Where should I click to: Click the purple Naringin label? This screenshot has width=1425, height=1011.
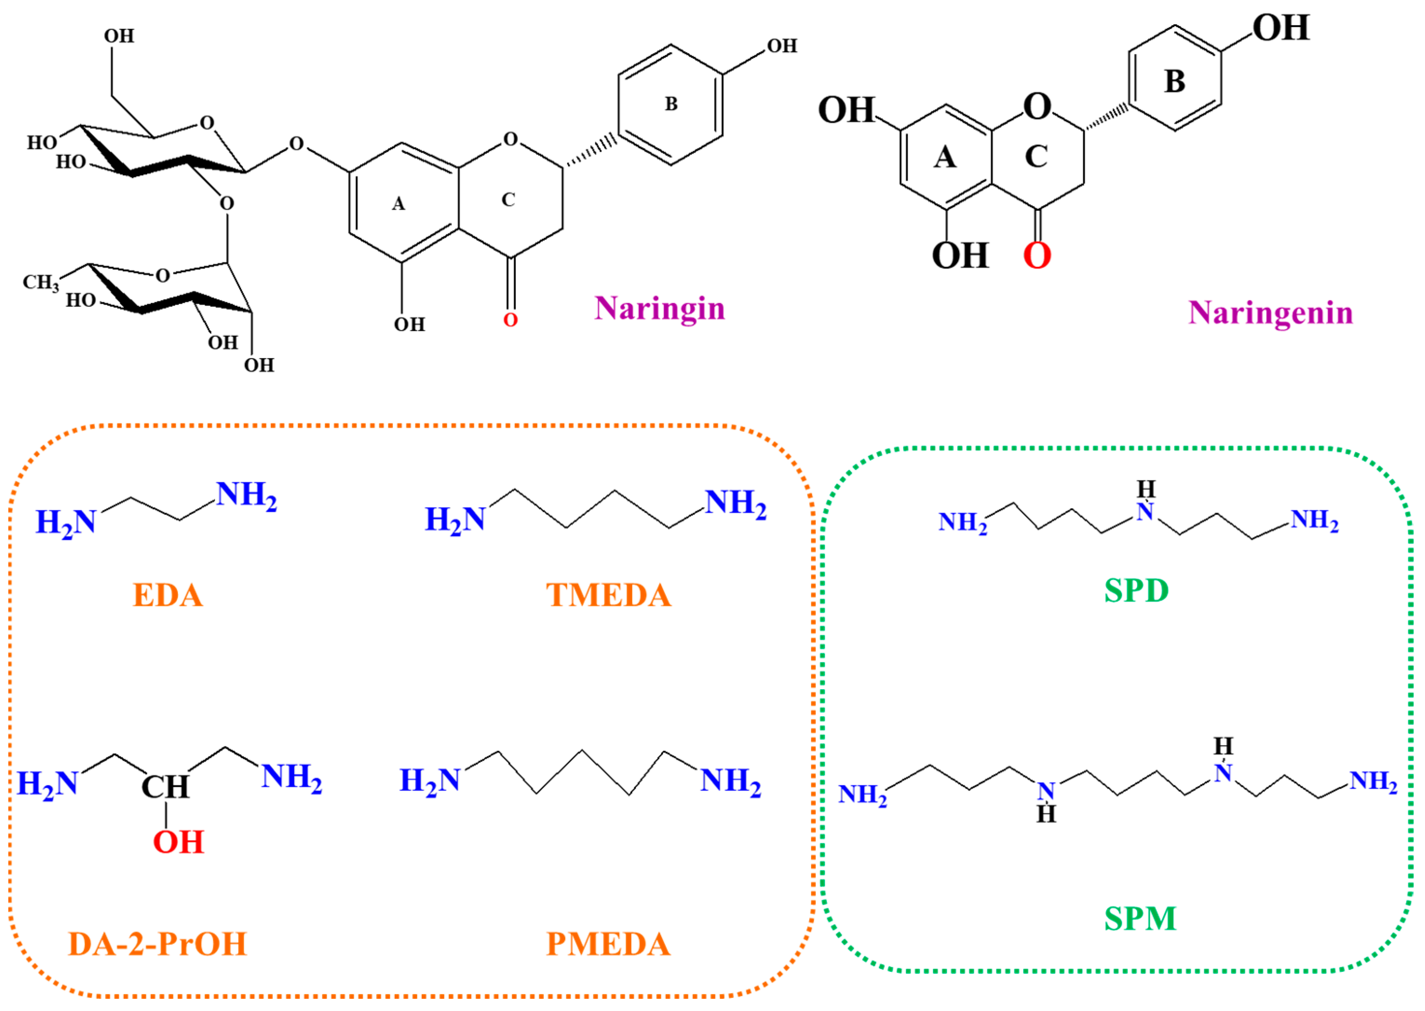(660, 309)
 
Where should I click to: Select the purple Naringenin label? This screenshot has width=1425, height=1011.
(1271, 313)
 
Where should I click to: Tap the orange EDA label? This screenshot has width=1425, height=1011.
(168, 595)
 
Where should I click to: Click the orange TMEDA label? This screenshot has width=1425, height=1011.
(608, 595)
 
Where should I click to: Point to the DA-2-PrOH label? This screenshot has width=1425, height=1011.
(157, 944)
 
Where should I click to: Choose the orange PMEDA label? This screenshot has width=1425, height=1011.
(608, 944)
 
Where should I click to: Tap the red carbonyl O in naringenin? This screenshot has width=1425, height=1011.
(1037, 255)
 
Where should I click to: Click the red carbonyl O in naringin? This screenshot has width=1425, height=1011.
(510, 320)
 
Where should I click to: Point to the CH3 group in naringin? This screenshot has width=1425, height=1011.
(41, 283)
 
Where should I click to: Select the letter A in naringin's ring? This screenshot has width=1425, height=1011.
(398, 204)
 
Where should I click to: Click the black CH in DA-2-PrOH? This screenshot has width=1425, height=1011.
(165, 787)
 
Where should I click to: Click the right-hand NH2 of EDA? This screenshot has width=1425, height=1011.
(246, 495)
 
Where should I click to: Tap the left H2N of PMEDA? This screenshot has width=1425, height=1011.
(429, 780)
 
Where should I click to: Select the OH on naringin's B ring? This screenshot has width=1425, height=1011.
(782, 46)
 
